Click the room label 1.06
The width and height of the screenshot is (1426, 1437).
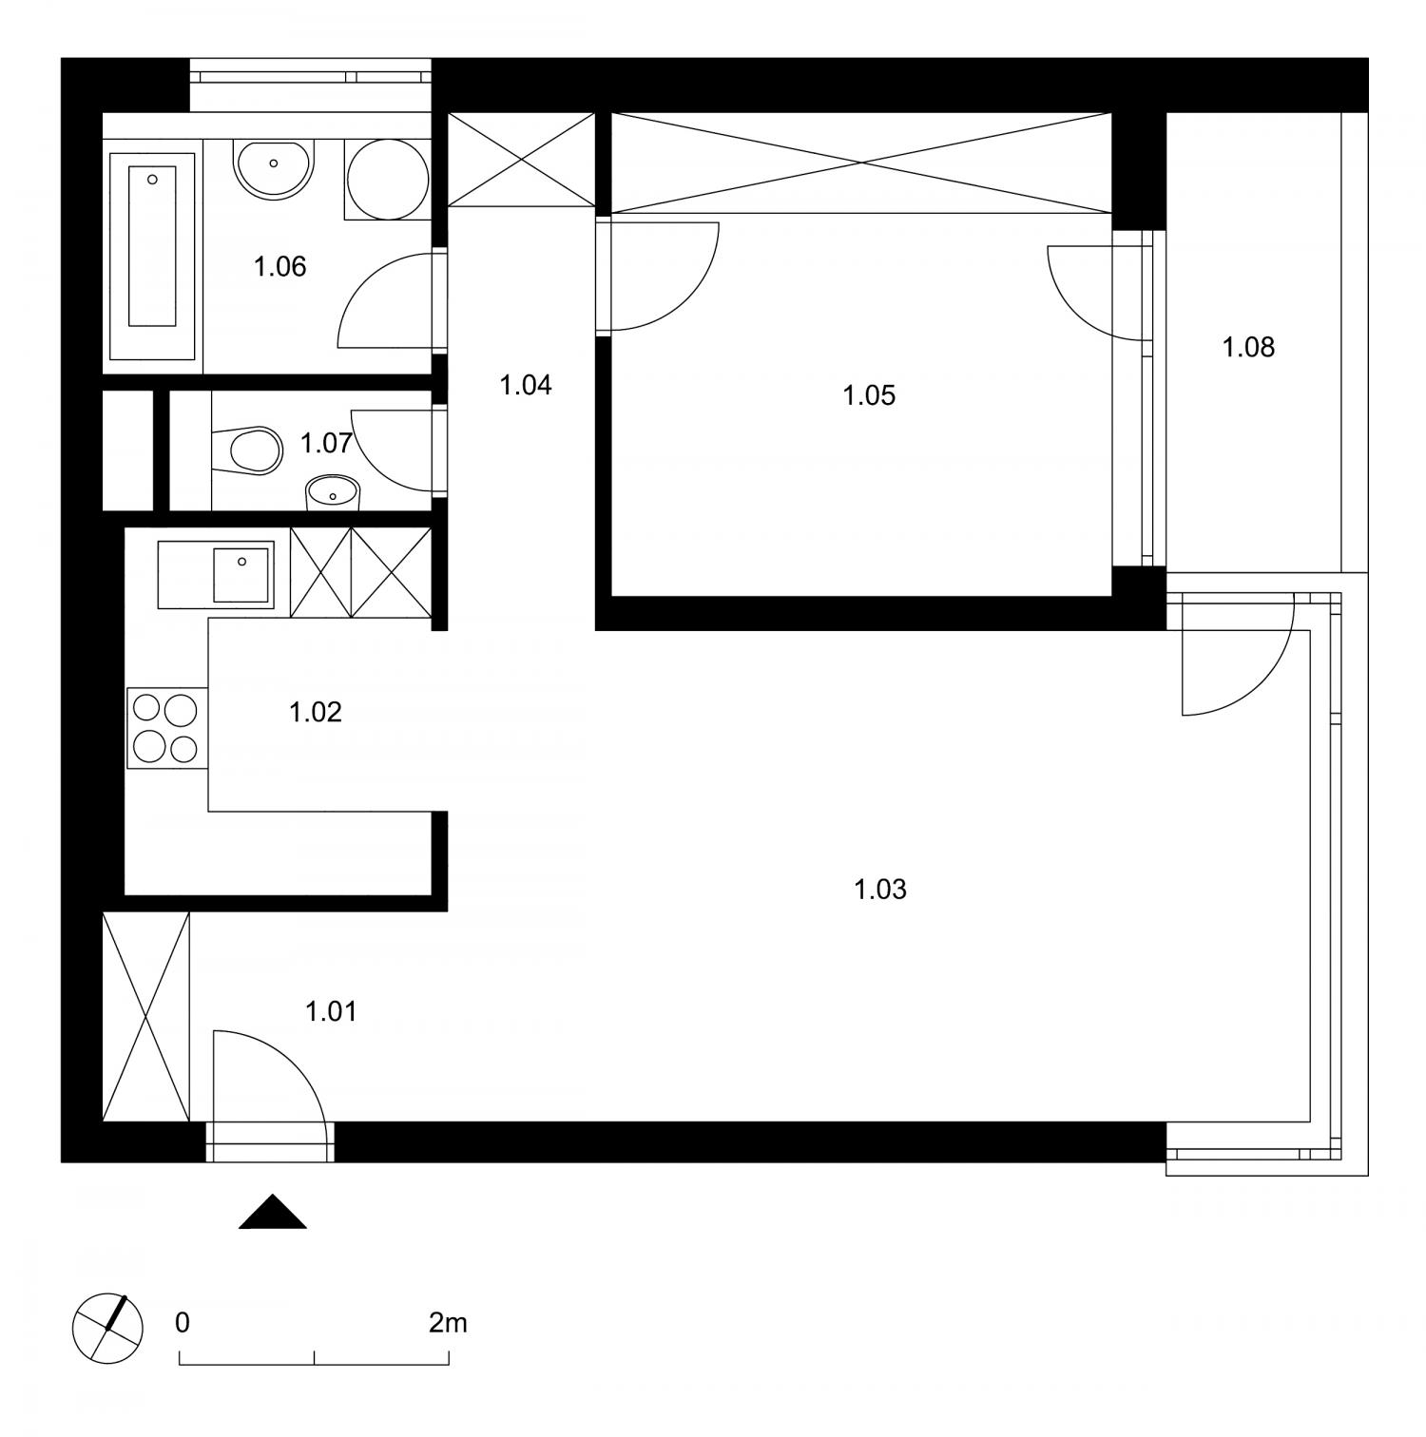point(280,266)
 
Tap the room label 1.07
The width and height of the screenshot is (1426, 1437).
point(327,442)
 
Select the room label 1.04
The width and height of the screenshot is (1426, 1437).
point(526,385)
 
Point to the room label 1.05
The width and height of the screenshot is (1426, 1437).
point(869,394)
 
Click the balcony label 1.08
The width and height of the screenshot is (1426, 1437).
point(1248,347)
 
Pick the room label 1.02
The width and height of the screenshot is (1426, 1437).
point(316,711)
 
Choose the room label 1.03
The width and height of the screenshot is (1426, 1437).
point(880,890)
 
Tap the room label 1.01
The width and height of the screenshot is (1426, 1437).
point(332,1011)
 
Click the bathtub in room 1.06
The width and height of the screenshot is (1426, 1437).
point(152,257)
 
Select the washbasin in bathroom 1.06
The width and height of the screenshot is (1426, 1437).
point(273,170)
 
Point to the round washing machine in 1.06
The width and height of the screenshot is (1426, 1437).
point(386,180)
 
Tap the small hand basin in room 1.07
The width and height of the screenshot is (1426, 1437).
point(333,491)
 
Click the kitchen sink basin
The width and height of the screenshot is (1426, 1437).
point(242,574)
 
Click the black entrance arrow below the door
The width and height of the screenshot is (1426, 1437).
point(273,1212)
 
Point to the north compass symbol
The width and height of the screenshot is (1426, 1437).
point(107,1328)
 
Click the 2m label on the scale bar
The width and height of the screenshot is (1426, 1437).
point(448,1322)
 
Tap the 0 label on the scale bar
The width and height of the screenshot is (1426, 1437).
point(183,1323)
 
